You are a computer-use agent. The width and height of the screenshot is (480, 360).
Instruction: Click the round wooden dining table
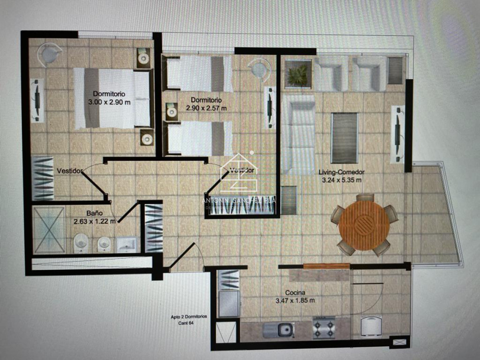[x=364, y=226]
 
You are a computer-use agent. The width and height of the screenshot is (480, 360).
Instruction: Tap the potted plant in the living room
[x=298, y=74]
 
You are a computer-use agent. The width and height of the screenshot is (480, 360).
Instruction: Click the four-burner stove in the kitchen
[x=324, y=328]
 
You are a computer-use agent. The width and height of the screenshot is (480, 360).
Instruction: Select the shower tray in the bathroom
[x=49, y=230]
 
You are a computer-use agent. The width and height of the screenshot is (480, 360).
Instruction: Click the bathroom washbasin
[x=128, y=244]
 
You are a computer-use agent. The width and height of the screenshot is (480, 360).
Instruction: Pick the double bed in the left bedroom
[x=112, y=98]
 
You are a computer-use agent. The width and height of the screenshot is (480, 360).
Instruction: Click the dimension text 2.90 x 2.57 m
[x=206, y=107]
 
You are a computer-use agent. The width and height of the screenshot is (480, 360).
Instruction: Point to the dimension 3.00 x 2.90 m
[x=109, y=102]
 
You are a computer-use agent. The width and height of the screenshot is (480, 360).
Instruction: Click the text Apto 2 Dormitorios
[x=189, y=316]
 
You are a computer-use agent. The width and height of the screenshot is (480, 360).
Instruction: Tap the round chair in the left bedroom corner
[x=50, y=54]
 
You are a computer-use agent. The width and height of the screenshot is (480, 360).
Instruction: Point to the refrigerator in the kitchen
[x=229, y=303]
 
